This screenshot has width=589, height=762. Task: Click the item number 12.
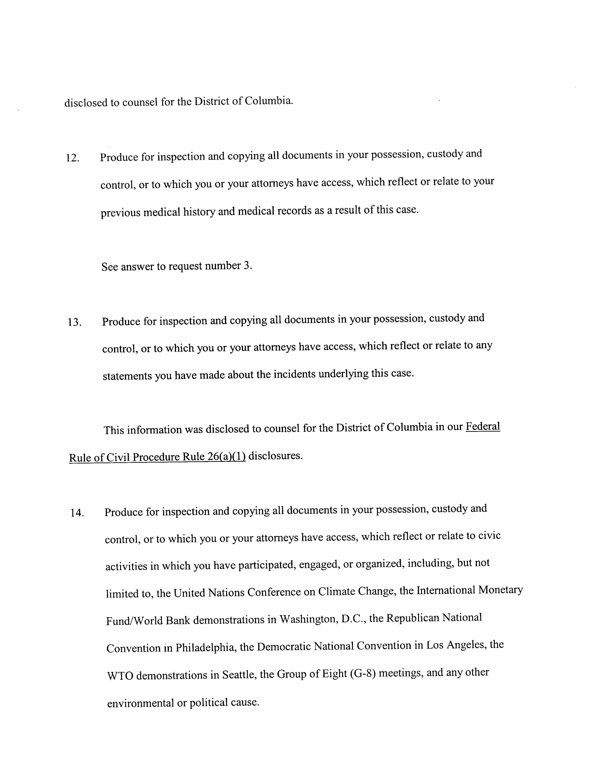tap(73, 158)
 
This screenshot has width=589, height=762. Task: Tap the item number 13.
tap(75, 322)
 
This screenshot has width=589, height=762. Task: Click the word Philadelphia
tap(204, 647)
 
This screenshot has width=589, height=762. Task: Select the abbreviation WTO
tap(120, 676)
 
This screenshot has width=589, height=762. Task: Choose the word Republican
tap(413, 618)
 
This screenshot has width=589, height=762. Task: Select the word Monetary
tap(500, 590)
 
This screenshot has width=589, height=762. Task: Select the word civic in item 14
tap(489, 535)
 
